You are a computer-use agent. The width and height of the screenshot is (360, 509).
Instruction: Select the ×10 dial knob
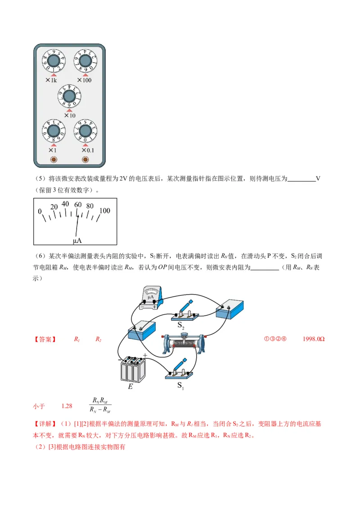[69, 96]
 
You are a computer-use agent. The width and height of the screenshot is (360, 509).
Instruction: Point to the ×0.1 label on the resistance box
[88, 151]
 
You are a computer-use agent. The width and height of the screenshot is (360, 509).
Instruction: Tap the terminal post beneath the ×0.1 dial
[85, 160]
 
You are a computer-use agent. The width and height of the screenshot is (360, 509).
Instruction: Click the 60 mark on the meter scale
[78, 205]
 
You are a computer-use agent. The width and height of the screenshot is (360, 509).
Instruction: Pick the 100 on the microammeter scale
[104, 210]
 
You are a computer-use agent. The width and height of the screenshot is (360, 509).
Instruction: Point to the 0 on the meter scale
[40, 211]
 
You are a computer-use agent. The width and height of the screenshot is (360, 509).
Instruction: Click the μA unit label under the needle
[77, 241]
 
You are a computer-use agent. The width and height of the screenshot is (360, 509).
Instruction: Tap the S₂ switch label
[181, 325]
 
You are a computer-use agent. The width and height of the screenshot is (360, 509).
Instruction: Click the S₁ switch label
[180, 385]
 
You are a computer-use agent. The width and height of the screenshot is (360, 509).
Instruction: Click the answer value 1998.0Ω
[314, 339]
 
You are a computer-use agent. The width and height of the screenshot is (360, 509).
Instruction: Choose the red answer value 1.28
[67, 406]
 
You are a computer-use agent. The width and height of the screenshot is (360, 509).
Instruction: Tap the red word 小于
[39, 406]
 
